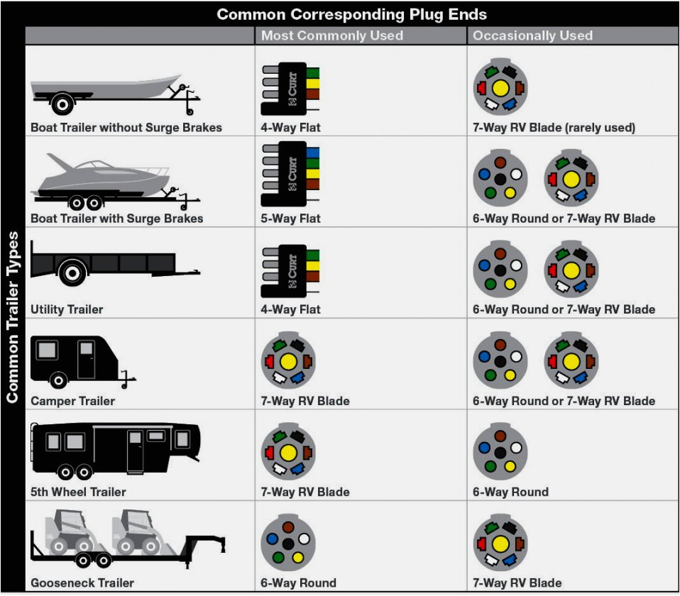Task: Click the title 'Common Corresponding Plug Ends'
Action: [352, 14]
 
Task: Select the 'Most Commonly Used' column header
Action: [331, 35]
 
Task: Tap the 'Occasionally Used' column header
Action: [532, 35]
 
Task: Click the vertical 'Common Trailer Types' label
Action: [12, 316]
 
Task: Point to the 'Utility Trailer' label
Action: [67, 309]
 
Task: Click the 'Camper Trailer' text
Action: [72, 401]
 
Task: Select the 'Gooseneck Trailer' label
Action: [82, 583]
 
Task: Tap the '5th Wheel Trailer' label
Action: [78, 492]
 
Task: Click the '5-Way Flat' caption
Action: [290, 219]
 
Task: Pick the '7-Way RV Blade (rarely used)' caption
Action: [554, 128]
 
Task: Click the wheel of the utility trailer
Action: [72, 272]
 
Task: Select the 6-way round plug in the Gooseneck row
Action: [287, 542]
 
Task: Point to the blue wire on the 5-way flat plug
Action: [312, 153]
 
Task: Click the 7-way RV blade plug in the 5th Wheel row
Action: [287, 452]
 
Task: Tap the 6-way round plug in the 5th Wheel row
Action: [500, 451]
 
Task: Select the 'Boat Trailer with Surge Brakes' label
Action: [116, 219]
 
